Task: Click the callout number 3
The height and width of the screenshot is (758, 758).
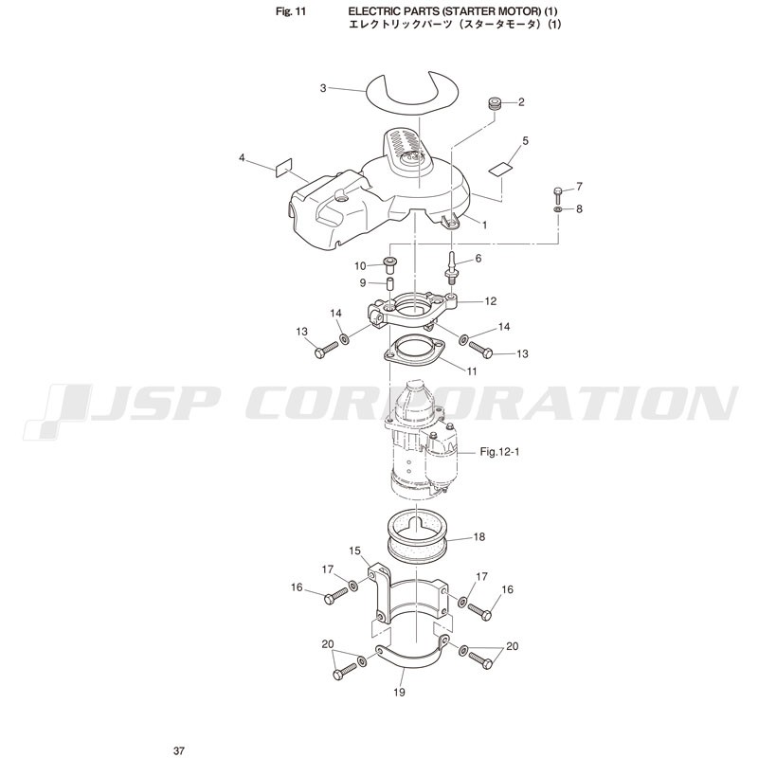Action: (x=323, y=88)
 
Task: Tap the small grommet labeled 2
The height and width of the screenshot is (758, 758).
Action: (x=494, y=103)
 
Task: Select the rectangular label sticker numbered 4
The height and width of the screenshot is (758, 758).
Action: (x=283, y=168)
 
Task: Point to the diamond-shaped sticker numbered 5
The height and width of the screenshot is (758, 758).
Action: (x=500, y=169)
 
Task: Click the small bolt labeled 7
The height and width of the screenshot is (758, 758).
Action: (x=558, y=195)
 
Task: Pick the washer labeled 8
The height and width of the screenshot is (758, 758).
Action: (x=557, y=209)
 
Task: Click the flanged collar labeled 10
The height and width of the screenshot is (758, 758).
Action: (x=389, y=265)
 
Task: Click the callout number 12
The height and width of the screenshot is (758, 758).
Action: (x=491, y=301)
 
